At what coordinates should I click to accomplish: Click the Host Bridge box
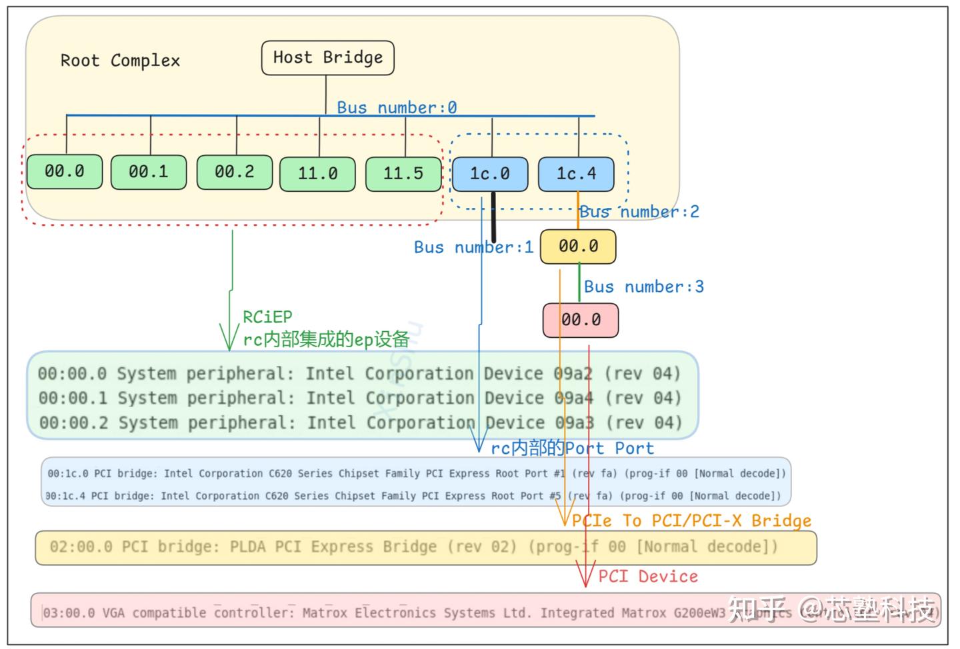(x=327, y=58)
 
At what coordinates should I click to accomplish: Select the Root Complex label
(x=120, y=61)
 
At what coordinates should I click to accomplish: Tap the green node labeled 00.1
(x=148, y=172)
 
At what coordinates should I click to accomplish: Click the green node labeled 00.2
(x=234, y=172)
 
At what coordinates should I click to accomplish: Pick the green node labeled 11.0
(x=317, y=174)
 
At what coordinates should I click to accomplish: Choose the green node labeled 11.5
(x=403, y=174)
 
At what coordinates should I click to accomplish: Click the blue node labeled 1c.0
(x=489, y=174)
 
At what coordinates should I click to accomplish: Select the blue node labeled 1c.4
(x=576, y=174)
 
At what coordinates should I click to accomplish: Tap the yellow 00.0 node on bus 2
(x=577, y=247)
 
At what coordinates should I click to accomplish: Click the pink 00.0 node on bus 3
(x=580, y=320)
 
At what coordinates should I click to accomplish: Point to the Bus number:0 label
(x=397, y=107)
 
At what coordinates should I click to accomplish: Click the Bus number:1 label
(x=473, y=247)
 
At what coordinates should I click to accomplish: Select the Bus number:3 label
(x=643, y=287)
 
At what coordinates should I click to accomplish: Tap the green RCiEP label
(x=267, y=317)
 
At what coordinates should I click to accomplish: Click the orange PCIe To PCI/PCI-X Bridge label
(x=691, y=520)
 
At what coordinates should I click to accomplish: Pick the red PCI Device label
(x=647, y=576)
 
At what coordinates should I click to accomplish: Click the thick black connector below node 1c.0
(x=494, y=217)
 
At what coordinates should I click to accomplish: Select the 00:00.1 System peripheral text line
(x=359, y=398)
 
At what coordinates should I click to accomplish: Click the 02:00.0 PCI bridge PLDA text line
(x=413, y=547)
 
